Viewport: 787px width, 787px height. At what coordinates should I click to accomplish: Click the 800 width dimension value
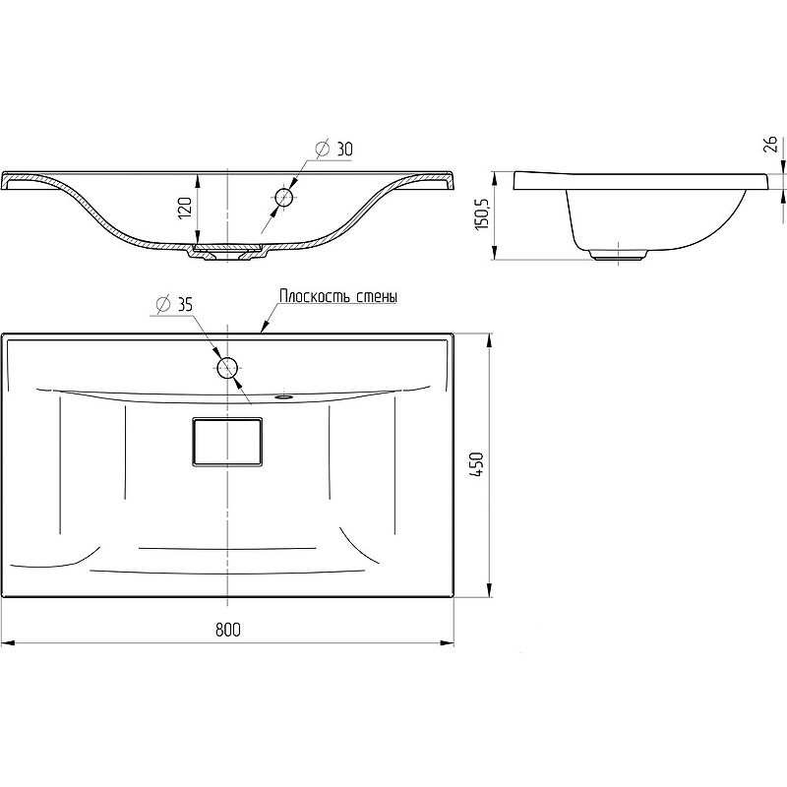[228, 629]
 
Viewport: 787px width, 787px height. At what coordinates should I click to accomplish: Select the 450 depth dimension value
[477, 464]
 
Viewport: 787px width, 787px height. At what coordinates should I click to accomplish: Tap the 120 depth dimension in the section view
[185, 208]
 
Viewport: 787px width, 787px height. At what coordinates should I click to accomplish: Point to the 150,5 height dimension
[482, 213]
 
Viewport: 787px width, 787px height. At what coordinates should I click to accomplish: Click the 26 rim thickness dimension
[770, 144]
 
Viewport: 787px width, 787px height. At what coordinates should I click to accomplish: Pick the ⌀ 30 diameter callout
[333, 150]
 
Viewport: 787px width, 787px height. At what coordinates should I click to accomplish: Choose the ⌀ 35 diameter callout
[174, 304]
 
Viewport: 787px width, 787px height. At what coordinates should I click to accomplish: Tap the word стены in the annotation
[377, 296]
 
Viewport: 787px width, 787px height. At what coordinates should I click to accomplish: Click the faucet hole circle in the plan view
[227, 367]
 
